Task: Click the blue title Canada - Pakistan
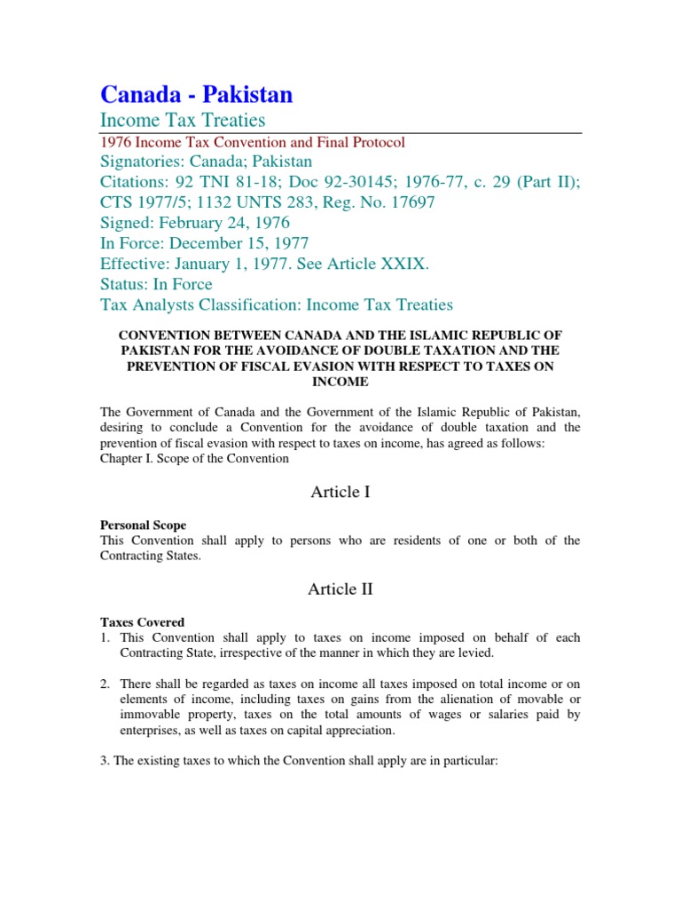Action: [196, 94]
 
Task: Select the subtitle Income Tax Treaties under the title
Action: [183, 120]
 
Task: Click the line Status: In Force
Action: [156, 284]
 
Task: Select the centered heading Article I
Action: [340, 492]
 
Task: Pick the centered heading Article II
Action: [340, 589]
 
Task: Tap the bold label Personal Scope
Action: [143, 526]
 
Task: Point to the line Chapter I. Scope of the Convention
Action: [194, 459]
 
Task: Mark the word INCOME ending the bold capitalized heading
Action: [340, 382]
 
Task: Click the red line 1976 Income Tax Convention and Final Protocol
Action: [253, 142]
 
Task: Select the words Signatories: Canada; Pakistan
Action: [206, 162]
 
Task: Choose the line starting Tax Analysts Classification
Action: [276, 304]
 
